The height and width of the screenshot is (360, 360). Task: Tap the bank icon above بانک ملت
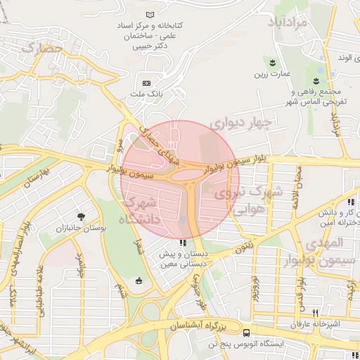[x=146, y=82]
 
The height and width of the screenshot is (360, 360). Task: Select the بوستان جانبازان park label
[x=84, y=229]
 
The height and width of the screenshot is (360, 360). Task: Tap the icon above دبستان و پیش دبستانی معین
[x=184, y=243]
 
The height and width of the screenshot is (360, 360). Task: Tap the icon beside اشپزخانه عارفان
[x=316, y=313]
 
